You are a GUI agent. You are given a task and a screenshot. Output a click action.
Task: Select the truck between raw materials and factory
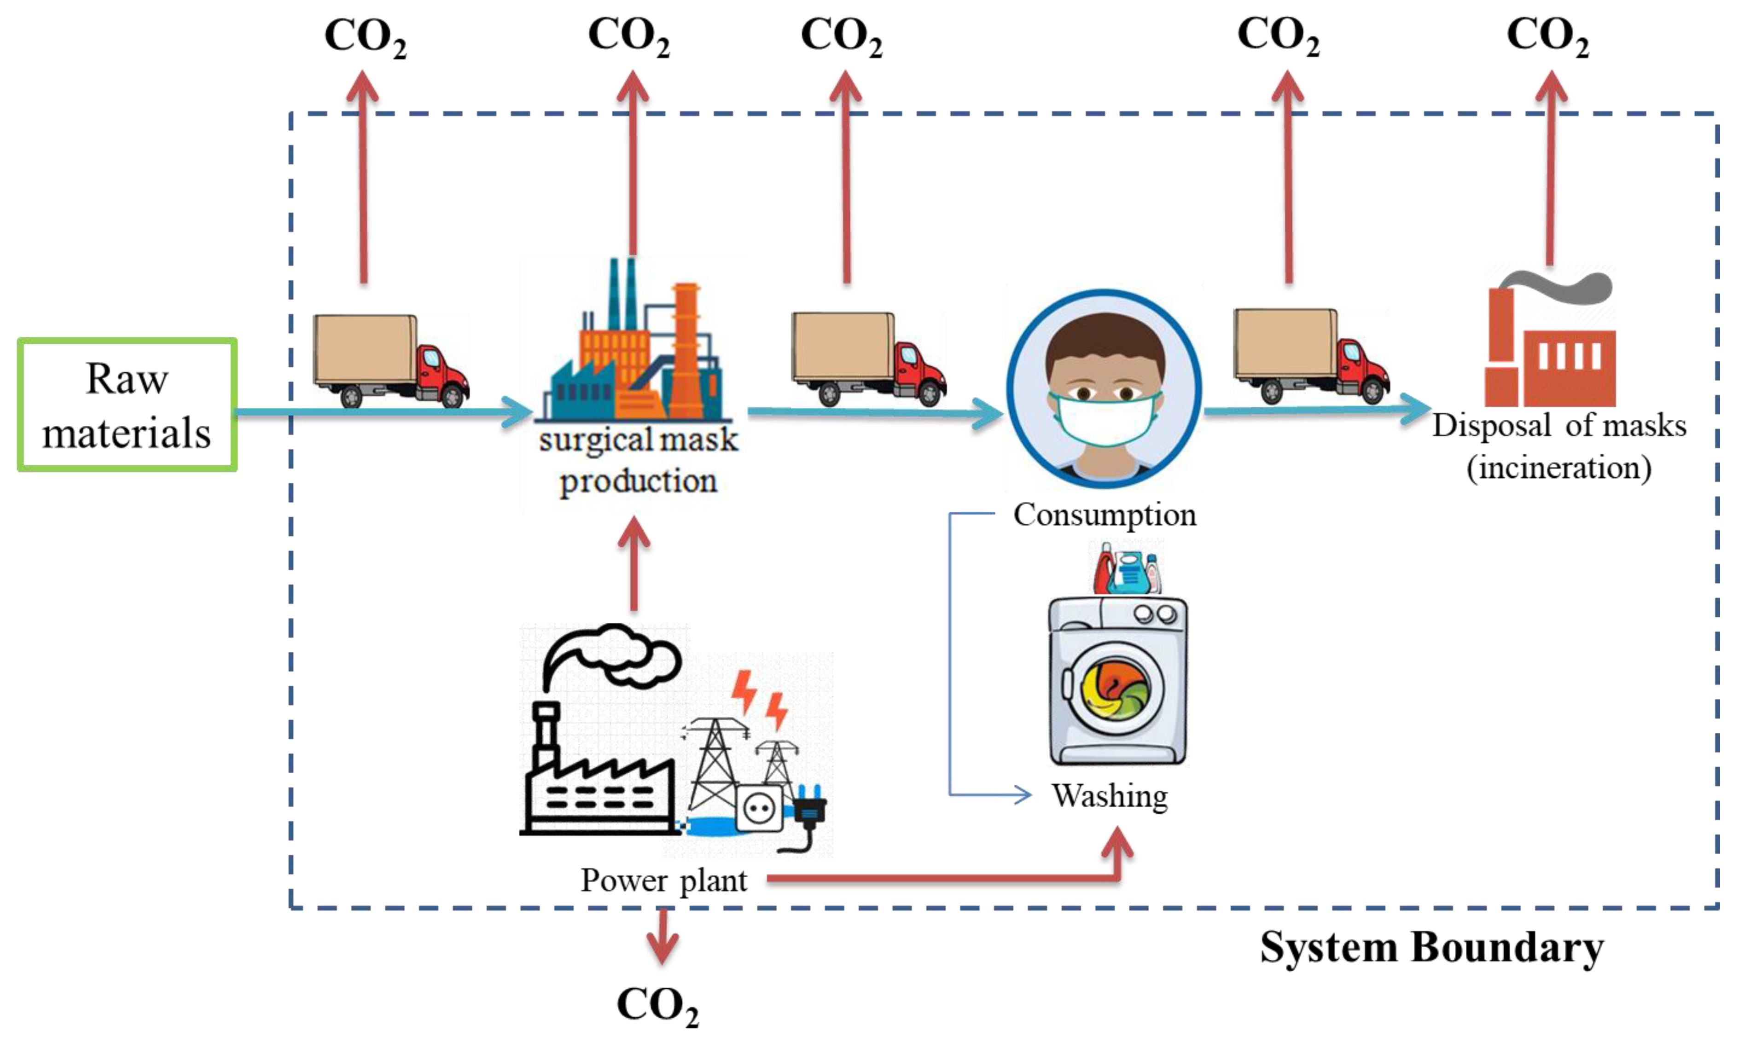[x=390, y=360]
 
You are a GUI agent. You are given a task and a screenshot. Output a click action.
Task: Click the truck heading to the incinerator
[x=1311, y=356]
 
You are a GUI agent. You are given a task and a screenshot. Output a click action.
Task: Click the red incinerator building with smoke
[x=1549, y=349]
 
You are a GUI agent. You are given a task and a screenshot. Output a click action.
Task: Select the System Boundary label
[x=1431, y=948]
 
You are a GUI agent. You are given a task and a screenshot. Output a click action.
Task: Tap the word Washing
[x=1110, y=796]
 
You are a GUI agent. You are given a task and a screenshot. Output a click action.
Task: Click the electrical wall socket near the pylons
[x=759, y=809]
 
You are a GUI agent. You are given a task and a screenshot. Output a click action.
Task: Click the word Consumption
[x=1105, y=515]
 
